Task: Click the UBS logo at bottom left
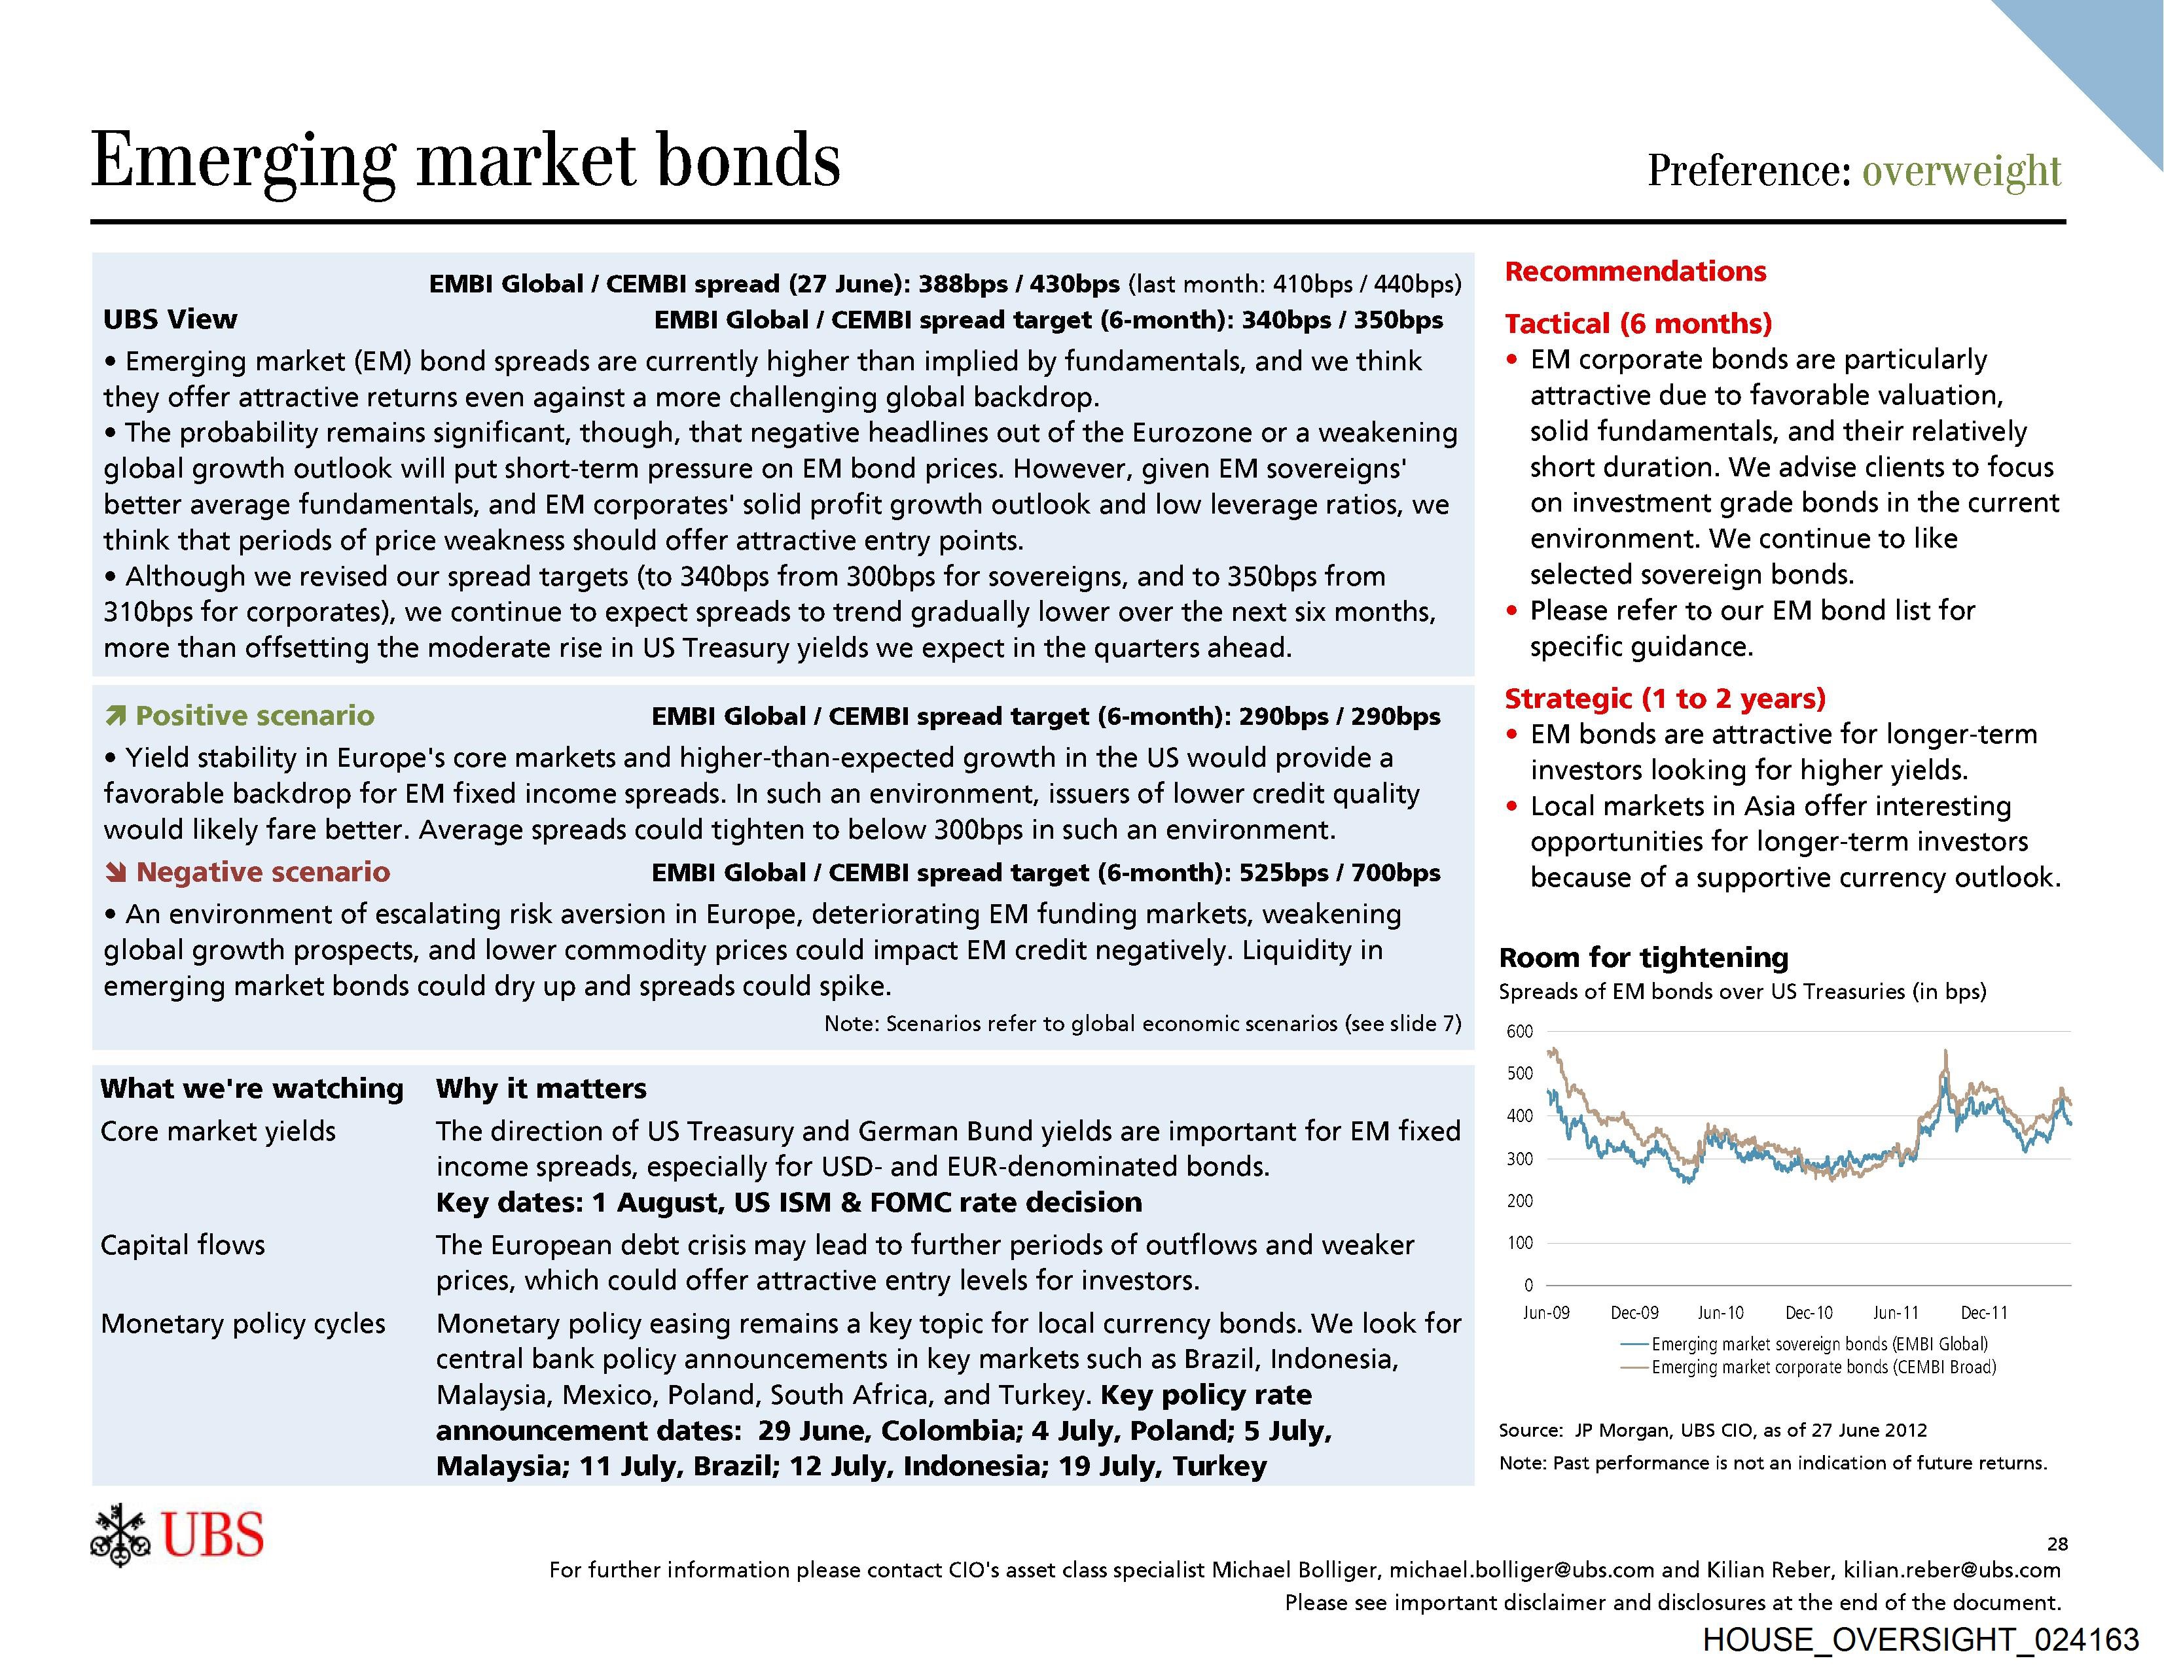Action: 177,1536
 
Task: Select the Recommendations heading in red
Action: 1635,272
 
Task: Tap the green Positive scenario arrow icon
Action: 116,715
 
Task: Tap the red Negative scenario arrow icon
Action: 116,871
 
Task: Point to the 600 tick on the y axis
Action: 1519,1031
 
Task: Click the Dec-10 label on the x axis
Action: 1809,1312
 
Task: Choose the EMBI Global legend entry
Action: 1819,1344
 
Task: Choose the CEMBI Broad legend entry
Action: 1823,1367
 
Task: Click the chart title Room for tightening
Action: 1643,958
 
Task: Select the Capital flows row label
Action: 183,1245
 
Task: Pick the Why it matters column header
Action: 541,1089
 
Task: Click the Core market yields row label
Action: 218,1131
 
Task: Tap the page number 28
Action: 2057,1543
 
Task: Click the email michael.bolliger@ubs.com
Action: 1521,1570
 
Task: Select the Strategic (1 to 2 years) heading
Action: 1665,698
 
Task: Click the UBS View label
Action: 170,319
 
